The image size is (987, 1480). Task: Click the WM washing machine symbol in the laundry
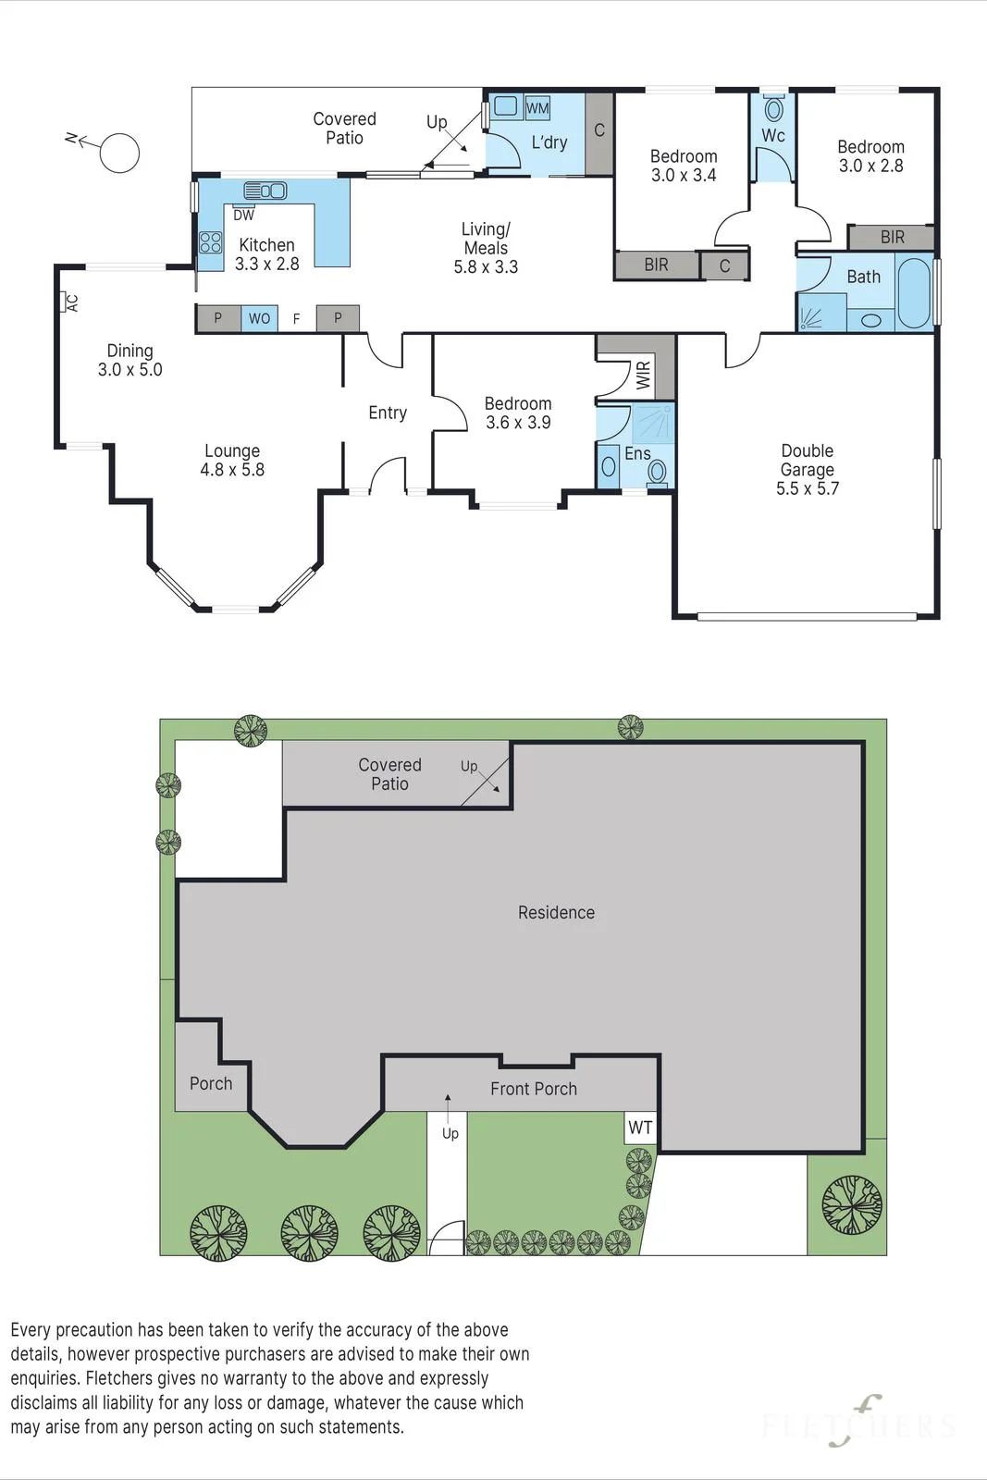click(x=537, y=107)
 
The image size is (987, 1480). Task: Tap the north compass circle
click(x=119, y=153)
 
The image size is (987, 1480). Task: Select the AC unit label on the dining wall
click(x=69, y=302)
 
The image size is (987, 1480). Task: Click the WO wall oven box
click(x=259, y=318)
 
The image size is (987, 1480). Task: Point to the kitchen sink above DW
click(x=265, y=191)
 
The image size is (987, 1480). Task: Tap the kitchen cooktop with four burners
click(x=211, y=242)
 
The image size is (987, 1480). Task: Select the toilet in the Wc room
click(x=773, y=107)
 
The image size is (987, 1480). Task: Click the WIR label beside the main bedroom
click(x=643, y=375)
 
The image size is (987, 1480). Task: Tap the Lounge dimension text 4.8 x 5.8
click(x=232, y=470)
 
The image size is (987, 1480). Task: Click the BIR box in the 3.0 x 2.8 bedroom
click(x=891, y=237)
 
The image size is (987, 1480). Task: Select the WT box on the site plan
click(x=640, y=1128)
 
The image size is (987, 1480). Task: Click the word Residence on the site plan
click(x=556, y=912)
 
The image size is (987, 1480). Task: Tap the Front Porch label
click(x=534, y=1089)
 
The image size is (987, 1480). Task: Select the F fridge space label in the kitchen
click(x=297, y=319)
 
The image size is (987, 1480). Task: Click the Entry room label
click(x=388, y=413)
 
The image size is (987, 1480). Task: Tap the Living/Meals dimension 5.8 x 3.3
click(x=486, y=267)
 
